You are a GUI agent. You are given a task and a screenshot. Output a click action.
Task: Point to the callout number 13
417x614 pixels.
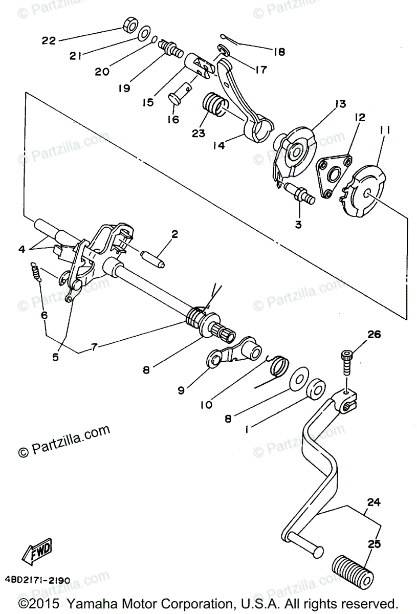click(340, 104)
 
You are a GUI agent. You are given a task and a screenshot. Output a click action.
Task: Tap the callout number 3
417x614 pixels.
click(298, 224)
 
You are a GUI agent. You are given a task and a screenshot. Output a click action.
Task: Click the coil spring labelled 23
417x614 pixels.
click(215, 108)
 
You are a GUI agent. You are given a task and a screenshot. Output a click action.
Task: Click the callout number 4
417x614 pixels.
click(22, 249)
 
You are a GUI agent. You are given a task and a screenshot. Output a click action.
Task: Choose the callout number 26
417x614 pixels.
click(374, 335)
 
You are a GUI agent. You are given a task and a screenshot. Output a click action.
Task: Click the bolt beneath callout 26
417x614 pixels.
click(347, 365)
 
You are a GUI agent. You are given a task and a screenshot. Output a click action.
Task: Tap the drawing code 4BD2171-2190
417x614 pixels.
click(37, 581)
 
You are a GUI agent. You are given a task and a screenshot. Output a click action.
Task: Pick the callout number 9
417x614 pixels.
click(181, 390)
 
